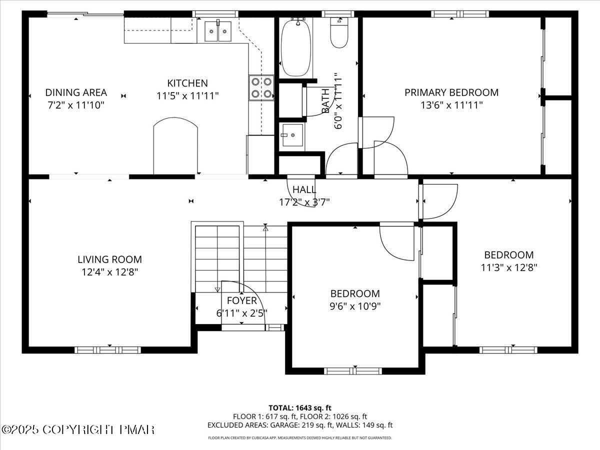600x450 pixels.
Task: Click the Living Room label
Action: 109,259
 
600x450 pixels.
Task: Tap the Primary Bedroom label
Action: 451,92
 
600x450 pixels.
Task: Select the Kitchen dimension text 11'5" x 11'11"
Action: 187,96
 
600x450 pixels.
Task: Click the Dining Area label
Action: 76,92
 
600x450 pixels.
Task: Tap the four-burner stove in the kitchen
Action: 261,87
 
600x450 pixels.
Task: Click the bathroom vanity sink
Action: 291,135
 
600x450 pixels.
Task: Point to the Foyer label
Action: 242,300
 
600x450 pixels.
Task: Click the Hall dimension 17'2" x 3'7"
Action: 304,202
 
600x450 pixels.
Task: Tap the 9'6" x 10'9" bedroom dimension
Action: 355,306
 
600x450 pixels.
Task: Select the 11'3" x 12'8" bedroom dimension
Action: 508,267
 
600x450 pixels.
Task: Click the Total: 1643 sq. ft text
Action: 300,407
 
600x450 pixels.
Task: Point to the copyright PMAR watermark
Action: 78,429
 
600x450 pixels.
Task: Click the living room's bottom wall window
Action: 108,349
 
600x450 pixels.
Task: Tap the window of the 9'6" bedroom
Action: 353,370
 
